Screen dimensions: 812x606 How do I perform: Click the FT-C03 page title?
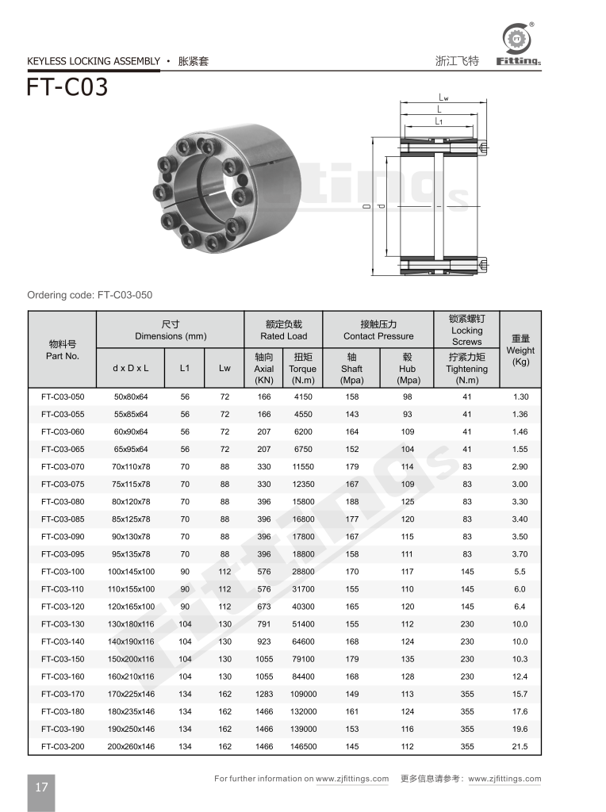(67, 86)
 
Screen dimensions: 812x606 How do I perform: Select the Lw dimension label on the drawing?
(443, 98)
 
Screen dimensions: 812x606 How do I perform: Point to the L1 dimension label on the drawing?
(439, 121)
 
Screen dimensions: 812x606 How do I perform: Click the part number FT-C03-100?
(63, 572)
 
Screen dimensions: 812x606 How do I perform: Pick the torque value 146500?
(302, 746)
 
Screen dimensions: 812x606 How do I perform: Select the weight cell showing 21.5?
(520, 746)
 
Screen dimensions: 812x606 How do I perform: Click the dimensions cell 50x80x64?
(133, 396)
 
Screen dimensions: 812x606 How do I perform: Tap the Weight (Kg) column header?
(520, 350)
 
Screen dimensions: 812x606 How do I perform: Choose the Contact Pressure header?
(378, 330)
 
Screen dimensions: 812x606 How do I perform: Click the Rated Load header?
(283, 330)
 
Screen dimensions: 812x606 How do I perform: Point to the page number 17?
(41, 787)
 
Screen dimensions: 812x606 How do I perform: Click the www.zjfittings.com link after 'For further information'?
(352, 779)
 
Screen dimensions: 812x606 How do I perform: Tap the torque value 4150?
(302, 396)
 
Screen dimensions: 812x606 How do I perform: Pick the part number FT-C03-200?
(63, 746)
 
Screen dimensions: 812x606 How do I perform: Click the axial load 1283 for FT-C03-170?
(264, 694)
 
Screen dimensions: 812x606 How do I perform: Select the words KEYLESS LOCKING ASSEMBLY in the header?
(94, 61)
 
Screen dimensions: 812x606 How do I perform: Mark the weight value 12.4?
(520, 676)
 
